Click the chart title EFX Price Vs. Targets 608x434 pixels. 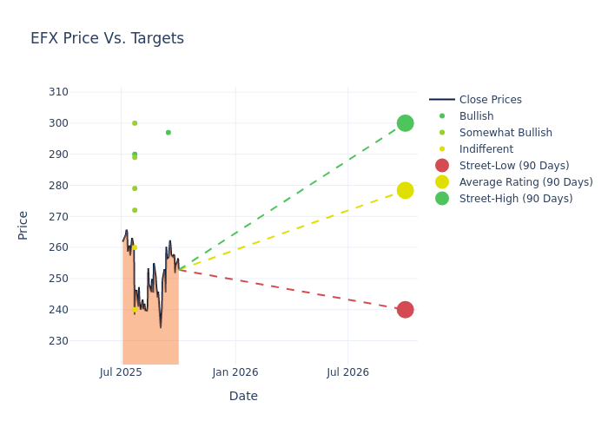[107, 38]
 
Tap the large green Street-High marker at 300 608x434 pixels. [405, 123]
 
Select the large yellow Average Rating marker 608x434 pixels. [405, 190]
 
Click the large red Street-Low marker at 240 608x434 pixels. [405, 310]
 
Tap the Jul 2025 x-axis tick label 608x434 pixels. [121, 372]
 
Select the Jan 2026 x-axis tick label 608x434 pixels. [235, 372]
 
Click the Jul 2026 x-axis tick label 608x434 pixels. [347, 372]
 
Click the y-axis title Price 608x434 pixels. [23, 225]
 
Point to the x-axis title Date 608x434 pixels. [243, 396]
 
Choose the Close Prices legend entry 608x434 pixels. [490, 100]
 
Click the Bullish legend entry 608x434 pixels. [476, 116]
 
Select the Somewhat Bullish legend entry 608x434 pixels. [506, 133]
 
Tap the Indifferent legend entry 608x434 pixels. [486, 149]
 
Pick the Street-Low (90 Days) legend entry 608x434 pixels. [514, 166]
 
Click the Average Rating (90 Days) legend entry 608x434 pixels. [525, 182]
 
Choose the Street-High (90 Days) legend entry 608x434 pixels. [516, 199]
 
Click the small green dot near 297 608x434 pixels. [169, 133]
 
